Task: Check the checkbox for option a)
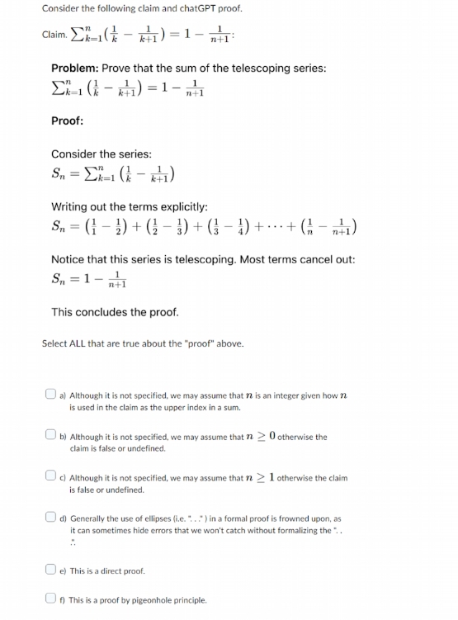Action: click(52, 395)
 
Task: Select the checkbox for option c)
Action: click(52, 478)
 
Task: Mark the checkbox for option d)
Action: click(52, 518)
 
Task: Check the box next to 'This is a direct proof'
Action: click(52, 570)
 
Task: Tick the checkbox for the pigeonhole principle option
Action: click(52, 600)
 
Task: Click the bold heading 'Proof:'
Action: click(68, 121)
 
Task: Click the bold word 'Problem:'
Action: click(76, 67)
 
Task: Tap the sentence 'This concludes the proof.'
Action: click(114, 312)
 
